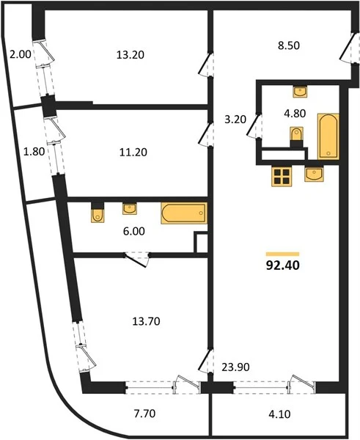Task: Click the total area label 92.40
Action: click(x=282, y=265)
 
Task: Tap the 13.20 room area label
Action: click(x=131, y=55)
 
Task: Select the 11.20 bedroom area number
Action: click(x=133, y=153)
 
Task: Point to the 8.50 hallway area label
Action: click(x=289, y=45)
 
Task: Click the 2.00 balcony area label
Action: click(x=21, y=54)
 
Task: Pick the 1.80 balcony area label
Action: click(x=34, y=152)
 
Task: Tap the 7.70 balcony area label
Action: click(x=144, y=414)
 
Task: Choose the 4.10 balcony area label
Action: click(x=279, y=414)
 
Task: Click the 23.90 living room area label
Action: click(x=235, y=367)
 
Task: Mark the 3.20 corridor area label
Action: click(x=235, y=120)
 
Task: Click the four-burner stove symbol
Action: click(x=282, y=177)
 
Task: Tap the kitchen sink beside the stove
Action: click(x=315, y=175)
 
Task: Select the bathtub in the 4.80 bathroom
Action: click(x=328, y=136)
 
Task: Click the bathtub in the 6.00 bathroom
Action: click(x=184, y=213)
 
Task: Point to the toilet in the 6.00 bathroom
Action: click(x=98, y=213)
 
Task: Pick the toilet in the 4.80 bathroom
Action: click(x=296, y=138)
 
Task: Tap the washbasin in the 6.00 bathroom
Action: click(x=130, y=209)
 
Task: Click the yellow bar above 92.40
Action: click(x=282, y=254)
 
